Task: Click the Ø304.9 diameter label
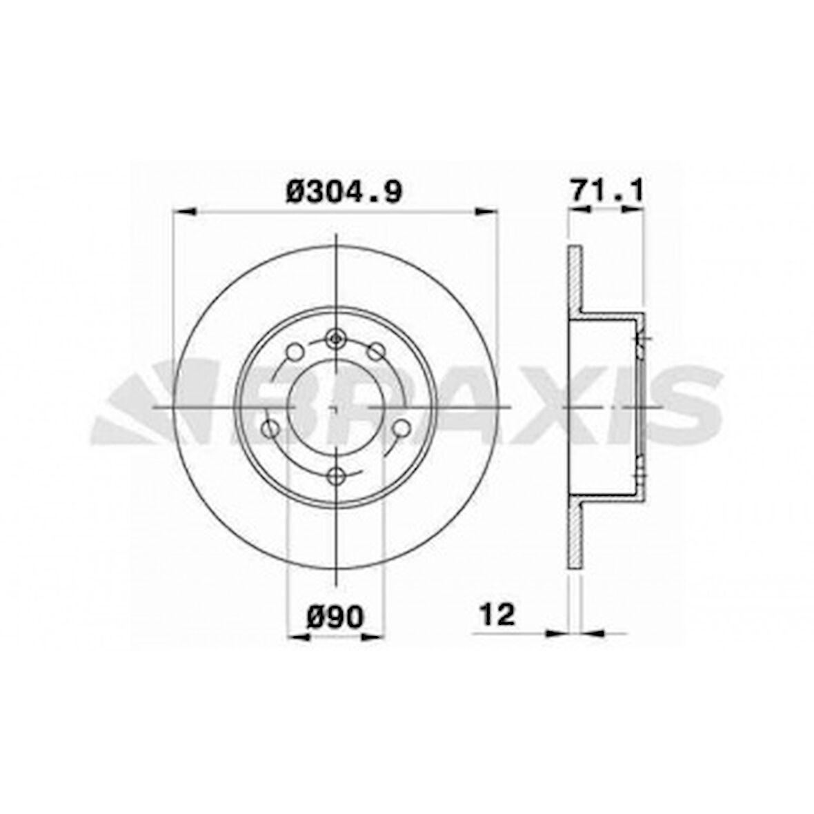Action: point(344,191)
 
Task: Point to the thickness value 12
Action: point(497,615)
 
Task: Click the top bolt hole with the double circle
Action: point(336,340)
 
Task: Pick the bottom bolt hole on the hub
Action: point(337,475)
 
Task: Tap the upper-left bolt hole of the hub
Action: point(295,352)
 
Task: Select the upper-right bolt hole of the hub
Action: point(375,352)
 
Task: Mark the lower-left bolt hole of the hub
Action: point(270,429)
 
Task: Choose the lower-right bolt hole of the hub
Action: point(401,428)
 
